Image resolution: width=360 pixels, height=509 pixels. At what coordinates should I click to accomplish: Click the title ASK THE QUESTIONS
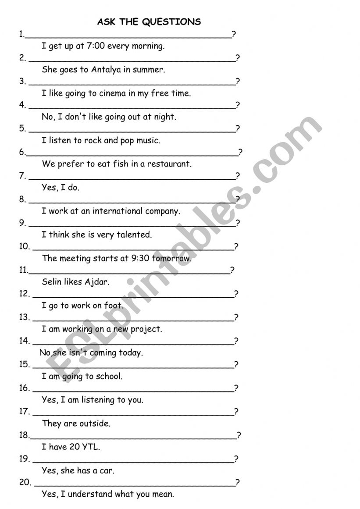[149, 21]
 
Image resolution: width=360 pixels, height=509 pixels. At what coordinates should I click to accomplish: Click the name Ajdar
[97, 282]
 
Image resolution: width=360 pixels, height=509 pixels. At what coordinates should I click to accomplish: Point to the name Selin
[52, 282]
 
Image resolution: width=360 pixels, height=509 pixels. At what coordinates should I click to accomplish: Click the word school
[109, 376]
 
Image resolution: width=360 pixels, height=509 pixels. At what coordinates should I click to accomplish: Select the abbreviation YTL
[91, 447]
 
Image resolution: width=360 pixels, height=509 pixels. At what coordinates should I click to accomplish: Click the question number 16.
[25, 388]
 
